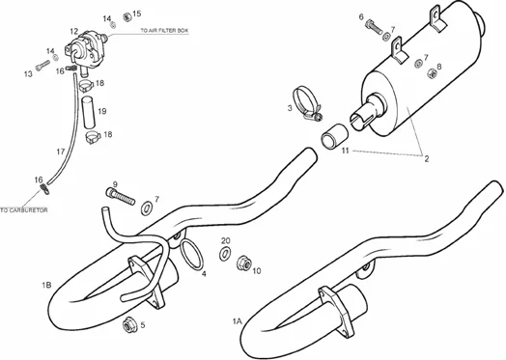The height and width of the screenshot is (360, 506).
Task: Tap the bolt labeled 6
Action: (374, 27)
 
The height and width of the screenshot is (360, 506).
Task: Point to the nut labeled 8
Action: (432, 73)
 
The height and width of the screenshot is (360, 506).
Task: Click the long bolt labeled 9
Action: (120, 197)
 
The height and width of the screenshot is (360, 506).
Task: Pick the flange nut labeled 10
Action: (244, 263)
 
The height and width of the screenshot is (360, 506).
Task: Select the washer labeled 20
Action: (225, 253)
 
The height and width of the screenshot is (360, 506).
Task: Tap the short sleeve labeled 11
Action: (335, 136)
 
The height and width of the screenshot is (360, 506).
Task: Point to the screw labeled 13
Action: (42, 66)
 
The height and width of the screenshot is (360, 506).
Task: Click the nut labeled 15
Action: (127, 17)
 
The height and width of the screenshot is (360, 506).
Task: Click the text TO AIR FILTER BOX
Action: (164, 31)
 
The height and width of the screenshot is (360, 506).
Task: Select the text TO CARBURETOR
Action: (24, 210)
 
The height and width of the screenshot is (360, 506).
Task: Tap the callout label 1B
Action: (46, 285)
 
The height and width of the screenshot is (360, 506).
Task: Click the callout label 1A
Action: (237, 321)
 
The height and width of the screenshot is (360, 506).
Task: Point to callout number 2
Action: (426, 158)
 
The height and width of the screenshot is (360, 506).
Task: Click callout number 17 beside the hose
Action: (61, 152)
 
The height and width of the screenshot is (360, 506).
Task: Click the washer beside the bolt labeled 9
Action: (147, 208)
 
